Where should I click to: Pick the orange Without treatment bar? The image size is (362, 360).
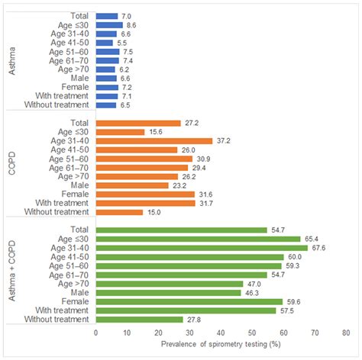119,212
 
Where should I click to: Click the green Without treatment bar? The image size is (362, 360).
139,319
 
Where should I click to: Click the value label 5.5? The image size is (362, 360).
122,43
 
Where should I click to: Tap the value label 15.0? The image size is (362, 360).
153,212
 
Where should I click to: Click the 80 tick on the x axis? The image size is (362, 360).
346,333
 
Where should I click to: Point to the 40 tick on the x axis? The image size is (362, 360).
221,333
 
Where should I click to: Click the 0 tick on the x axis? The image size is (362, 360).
96,333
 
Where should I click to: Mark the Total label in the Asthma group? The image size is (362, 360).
79,16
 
